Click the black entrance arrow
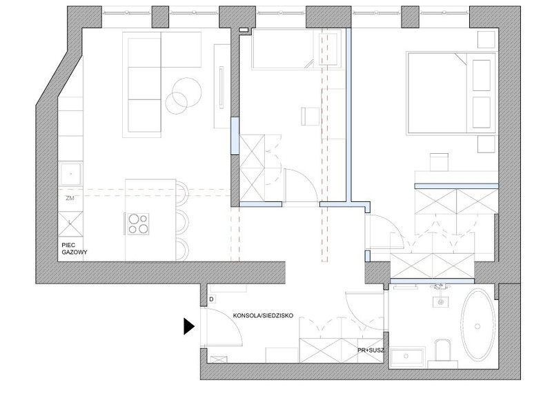pos(188,326)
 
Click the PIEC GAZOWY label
pos(75,248)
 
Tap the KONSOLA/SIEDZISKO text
pos(263,316)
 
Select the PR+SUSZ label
pos(371,350)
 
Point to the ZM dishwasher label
pos(70,198)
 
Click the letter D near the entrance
pos(212,299)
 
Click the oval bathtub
pos(477,325)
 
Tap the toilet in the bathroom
pos(442,350)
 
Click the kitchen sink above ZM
pos(71,174)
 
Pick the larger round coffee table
pos(187,92)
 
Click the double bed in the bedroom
pos(451,93)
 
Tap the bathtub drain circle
pos(477,326)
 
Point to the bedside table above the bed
pos(486,39)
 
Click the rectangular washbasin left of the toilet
pos(407,357)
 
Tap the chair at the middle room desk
pos(310,117)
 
